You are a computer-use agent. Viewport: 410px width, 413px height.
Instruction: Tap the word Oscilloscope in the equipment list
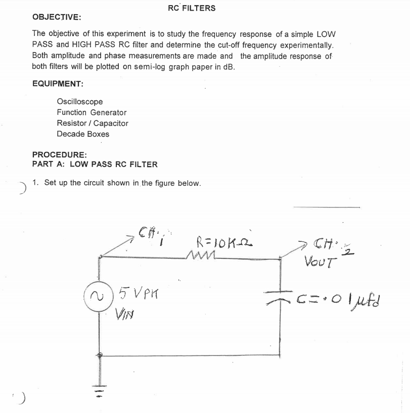click(x=79, y=102)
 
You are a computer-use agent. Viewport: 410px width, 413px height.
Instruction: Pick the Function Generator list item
click(x=92, y=112)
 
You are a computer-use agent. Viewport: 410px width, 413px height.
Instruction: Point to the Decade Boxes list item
click(x=83, y=134)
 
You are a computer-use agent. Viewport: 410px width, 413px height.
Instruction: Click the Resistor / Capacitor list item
click(x=93, y=123)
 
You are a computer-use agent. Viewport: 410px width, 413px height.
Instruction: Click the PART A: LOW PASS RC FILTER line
click(x=95, y=164)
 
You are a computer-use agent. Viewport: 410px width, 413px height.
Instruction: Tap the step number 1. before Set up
click(x=35, y=183)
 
